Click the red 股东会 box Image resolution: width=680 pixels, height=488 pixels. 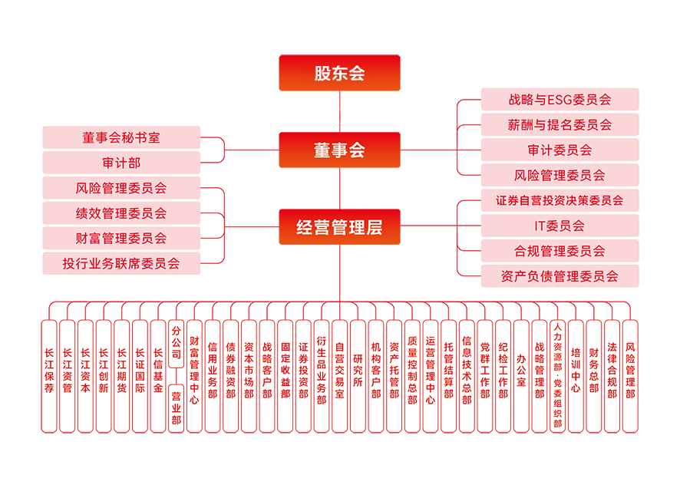339,73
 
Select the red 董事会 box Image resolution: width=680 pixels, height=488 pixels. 339,150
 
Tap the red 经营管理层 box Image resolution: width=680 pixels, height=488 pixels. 339,226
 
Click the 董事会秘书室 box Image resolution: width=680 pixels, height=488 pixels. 121,137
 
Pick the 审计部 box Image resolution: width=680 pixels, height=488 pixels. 121,163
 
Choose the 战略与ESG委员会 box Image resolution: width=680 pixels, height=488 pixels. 560,99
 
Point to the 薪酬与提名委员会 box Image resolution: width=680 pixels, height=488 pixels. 560,124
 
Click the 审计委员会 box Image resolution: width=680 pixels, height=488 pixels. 560,150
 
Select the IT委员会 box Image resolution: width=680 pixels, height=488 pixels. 560,226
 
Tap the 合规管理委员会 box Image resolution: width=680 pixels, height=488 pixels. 560,251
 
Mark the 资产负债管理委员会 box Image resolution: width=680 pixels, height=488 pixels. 560,276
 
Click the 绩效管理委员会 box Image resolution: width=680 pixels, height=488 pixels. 121,213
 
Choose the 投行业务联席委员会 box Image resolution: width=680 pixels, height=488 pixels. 121,263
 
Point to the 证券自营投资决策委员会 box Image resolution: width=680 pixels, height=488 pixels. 560,200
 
